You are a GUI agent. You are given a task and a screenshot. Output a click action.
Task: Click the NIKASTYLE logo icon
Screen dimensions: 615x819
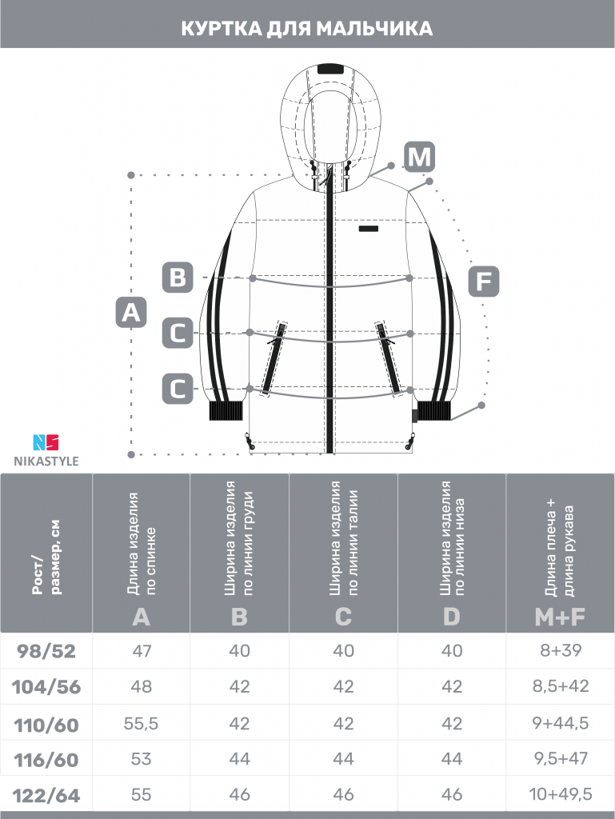[x=46, y=442]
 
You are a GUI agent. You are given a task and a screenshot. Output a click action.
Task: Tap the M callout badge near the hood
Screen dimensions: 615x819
[x=419, y=157]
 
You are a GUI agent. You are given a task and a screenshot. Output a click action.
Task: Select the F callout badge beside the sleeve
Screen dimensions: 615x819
[x=483, y=281]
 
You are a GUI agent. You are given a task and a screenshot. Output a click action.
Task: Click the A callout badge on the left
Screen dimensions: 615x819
[x=130, y=313]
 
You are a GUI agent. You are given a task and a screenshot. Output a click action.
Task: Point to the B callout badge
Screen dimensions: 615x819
[x=178, y=277]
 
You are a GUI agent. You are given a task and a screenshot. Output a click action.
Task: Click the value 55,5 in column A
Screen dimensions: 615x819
[x=141, y=723]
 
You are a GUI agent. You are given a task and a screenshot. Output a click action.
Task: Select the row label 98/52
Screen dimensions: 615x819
[x=46, y=651]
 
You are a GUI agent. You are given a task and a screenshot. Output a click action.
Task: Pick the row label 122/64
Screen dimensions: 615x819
[x=46, y=796]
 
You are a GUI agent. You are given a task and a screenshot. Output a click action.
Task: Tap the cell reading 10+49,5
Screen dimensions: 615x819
[x=560, y=794]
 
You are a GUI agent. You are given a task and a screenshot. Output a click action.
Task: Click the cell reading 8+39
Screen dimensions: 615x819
[x=560, y=650]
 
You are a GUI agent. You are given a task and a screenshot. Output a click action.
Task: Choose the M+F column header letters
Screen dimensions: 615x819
[x=560, y=617]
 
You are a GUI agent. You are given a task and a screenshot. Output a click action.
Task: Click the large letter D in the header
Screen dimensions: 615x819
[x=452, y=617]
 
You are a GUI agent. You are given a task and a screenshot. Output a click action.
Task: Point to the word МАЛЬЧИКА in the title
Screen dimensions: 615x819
[x=374, y=28]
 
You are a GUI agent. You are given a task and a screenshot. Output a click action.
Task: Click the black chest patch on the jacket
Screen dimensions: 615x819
[x=369, y=228]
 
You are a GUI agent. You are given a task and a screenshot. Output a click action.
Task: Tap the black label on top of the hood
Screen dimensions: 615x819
[x=330, y=69]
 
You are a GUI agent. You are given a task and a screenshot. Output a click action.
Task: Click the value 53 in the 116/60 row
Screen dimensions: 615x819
[x=141, y=758]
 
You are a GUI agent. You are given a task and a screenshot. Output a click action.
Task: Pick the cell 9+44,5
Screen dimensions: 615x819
[x=560, y=723]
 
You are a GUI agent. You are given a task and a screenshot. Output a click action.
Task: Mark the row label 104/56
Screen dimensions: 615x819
[x=46, y=687]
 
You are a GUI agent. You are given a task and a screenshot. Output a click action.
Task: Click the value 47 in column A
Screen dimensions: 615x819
[x=141, y=651]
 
